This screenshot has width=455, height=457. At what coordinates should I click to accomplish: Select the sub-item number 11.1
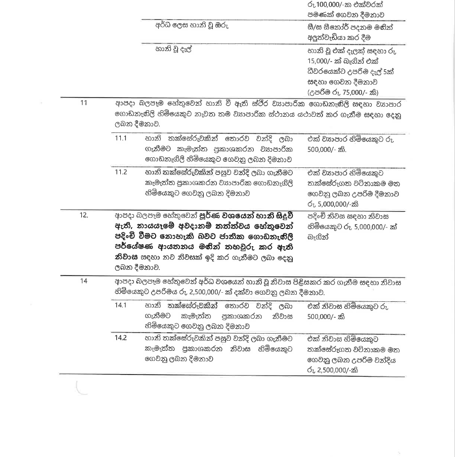121,138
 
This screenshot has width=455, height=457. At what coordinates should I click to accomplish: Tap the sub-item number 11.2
121,172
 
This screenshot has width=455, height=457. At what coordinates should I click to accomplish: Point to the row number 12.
84,215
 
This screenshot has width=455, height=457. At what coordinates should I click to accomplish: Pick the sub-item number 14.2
121,338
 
